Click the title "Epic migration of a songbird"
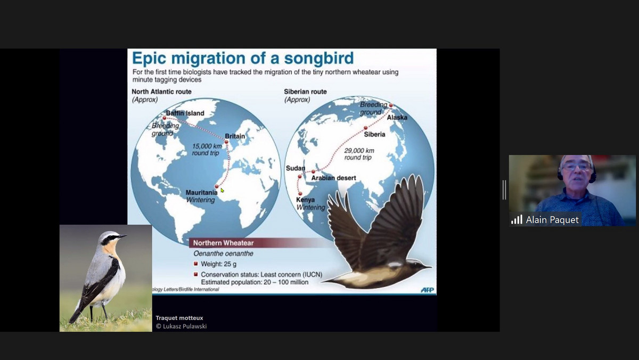(x=242, y=58)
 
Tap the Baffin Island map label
(x=185, y=113)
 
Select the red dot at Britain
(x=226, y=142)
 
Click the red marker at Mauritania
(x=217, y=186)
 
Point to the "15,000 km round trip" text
(x=207, y=149)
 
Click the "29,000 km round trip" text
(x=359, y=154)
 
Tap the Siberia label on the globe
(x=374, y=134)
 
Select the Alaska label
(x=397, y=117)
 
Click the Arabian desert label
(x=333, y=178)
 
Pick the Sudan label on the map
(x=296, y=168)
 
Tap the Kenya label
(x=305, y=200)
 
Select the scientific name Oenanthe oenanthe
(x=223, y=253)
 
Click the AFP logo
(x=427, y=290)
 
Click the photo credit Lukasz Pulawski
(x=181, y=326)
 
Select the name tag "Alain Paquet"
(x=552, y=220)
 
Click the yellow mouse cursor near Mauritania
(x=222, y=190)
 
